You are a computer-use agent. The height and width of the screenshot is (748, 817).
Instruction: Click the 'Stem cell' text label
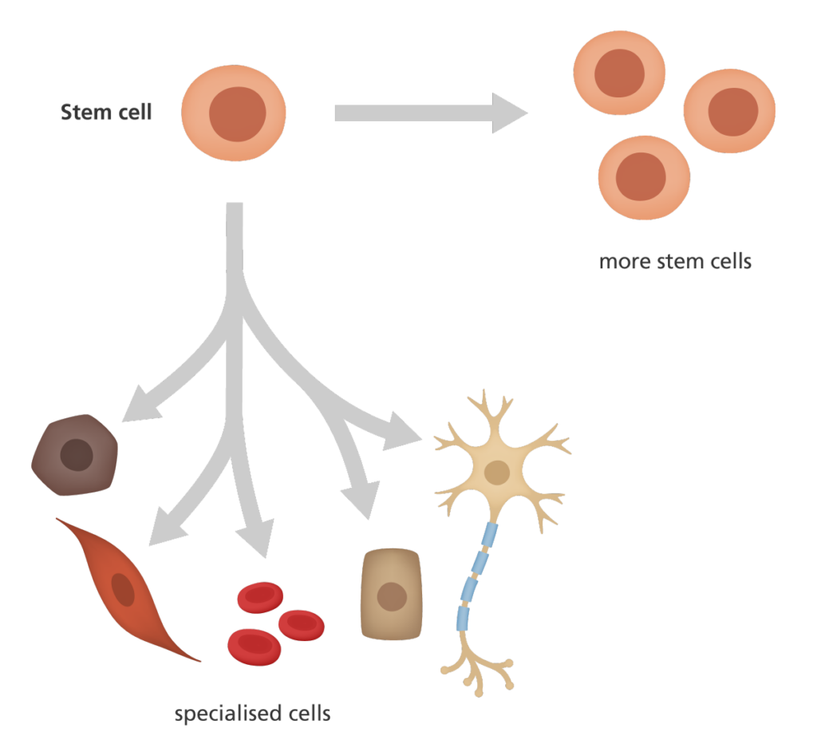(x=106, y=112)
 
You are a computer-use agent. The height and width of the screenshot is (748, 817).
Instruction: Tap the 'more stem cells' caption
(x=675, y=261)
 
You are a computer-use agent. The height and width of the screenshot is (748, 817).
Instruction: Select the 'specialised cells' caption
(x=252, y=712)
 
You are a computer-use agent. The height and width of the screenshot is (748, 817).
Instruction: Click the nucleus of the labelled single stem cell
(x=237, y=114)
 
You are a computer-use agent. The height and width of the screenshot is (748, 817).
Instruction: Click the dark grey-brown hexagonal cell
(x=75, y=455)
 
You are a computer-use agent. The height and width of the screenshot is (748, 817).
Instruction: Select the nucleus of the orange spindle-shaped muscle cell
(x=123, y=589)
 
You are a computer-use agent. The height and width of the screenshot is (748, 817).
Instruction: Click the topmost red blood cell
(x=260, y=596)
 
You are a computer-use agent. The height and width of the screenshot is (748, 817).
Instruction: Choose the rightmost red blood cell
(x=301, y=624)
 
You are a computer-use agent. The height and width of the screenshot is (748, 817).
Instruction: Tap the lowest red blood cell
(x=254, y=646)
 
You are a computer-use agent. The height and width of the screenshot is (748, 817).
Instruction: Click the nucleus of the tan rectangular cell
(x=391, y=595)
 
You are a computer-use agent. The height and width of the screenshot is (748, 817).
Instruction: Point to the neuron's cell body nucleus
(x=498, y=473)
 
